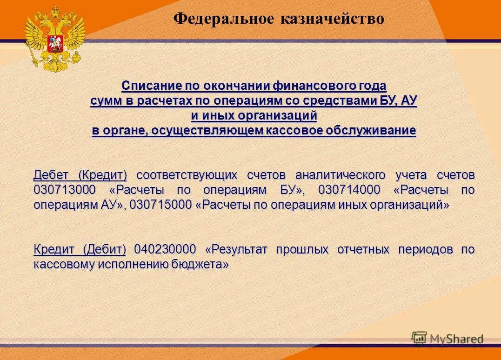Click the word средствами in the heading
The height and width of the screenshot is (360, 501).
[334, 101]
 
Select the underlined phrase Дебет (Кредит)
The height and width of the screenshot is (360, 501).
[80, 175]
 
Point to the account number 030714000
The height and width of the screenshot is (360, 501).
[349, 190]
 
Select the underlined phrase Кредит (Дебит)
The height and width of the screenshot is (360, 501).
[80, 249]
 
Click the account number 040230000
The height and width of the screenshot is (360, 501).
[165, 249]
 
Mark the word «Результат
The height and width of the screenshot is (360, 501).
[237, 249]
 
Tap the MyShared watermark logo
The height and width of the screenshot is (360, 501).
[448, 339]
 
